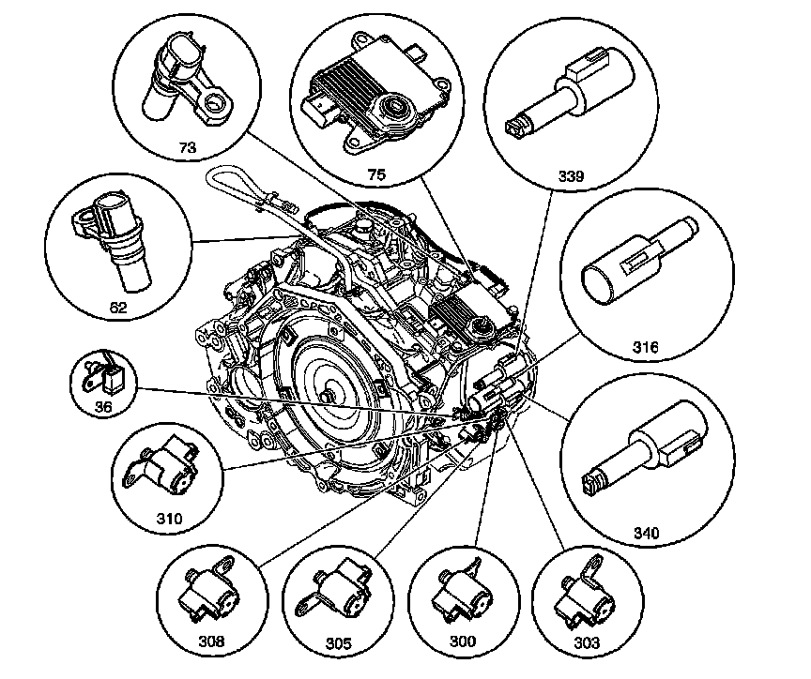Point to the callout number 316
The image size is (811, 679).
coord(646,347)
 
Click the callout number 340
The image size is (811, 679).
coord(646,533)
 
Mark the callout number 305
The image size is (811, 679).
coord(339,643)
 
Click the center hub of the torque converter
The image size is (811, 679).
coord(328,396)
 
